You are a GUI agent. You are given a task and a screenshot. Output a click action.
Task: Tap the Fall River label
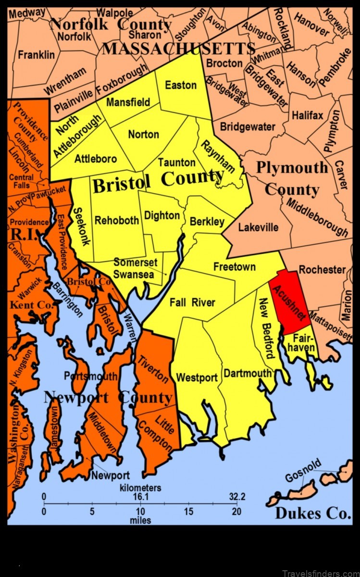point(192,302)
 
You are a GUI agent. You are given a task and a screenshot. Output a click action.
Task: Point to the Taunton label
point(177,163)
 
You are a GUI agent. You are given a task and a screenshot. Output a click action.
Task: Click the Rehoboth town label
point(117,220)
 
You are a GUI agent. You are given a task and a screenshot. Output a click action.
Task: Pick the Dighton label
point(162,215)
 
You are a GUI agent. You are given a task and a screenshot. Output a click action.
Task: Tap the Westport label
point(197,377)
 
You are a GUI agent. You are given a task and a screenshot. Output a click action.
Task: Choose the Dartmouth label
point(248,373)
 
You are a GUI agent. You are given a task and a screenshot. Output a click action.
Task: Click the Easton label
point(181,85)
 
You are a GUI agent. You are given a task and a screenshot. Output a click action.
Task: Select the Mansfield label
point(128,102)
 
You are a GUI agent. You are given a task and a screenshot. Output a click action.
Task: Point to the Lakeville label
point(258,227)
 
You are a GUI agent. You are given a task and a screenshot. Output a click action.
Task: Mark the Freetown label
point(235,266)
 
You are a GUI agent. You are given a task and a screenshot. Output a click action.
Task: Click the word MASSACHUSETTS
point(178,49)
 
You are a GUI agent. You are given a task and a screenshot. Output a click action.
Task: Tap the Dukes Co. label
point(313,513)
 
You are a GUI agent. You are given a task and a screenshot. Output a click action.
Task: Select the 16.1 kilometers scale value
point(139,497)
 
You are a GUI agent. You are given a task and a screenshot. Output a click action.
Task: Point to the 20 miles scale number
point(236,511)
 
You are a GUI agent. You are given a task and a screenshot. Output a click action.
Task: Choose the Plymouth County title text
point(292,178)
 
